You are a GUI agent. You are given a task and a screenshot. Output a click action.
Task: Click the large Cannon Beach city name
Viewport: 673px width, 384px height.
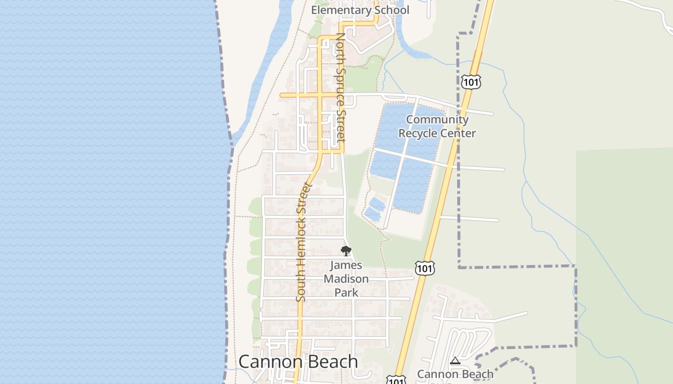click(298, 361)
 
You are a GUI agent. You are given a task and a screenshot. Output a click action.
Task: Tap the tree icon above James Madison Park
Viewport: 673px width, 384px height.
click(346, 251)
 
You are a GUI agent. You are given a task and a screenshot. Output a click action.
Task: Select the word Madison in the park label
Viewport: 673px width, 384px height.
click(346, 279)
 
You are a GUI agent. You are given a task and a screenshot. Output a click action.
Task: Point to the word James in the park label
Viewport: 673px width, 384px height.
click(346, 265)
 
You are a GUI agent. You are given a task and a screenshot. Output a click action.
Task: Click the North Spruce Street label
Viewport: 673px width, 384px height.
click(340, 86)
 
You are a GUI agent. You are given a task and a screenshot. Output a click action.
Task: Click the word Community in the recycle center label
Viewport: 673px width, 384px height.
click(437, 120)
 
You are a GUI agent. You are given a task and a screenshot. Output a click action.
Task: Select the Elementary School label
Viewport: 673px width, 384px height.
click(360, 10)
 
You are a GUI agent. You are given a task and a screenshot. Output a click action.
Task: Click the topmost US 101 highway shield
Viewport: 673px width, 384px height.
click(471, 82)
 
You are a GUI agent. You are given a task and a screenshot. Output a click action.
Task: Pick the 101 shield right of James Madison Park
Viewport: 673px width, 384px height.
click(424, 268)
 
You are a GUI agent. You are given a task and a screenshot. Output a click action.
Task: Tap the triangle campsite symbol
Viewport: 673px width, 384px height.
click(455, 360)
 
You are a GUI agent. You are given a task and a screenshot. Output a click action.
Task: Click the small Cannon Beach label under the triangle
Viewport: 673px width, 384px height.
click(455, 374)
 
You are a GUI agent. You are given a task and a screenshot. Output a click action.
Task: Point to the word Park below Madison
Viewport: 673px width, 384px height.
click(346, 292)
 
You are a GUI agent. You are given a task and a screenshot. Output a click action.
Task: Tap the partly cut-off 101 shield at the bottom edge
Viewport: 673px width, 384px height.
click(396, 380)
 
